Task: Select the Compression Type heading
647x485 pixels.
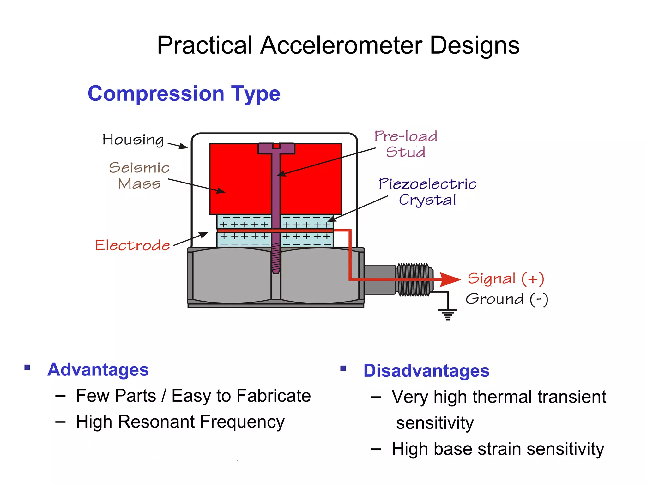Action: click(x=184, y=94)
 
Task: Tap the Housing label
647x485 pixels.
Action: click(x=133, y=140)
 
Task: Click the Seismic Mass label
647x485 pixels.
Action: click(x=139, y=176)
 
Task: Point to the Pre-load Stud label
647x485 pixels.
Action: click(x=406, y=144)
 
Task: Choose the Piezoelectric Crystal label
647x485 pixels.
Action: click(x=427, y=192)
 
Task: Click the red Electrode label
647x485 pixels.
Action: click(x=132, y=245)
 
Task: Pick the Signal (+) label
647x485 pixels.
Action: click(x=506, y=279)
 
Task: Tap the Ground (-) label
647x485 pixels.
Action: click(x=507, y=299)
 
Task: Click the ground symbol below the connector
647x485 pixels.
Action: click(x=448, y=314)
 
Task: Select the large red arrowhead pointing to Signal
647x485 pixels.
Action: click(x=450, y=279)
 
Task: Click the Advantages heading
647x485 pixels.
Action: click(x=98, y=369)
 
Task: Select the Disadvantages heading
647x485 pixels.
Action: click(x=426, y=371)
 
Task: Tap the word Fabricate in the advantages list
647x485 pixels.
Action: click(x=274, y=396)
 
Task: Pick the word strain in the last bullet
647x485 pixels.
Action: click(x=499, y=449)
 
